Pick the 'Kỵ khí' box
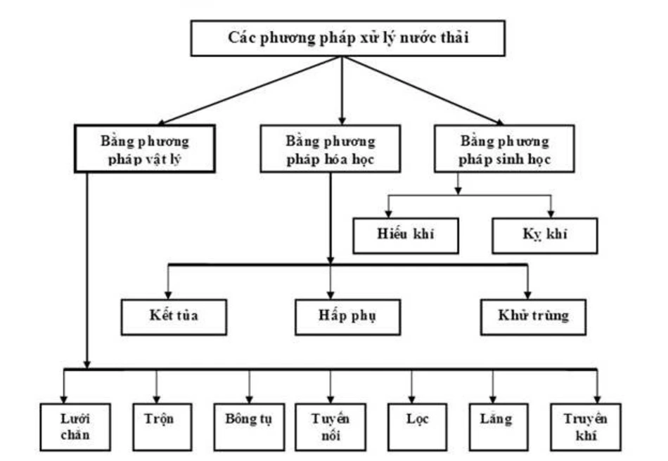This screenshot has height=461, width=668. point(545,236)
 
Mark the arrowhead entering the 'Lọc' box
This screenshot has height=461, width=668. point(411,398)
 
